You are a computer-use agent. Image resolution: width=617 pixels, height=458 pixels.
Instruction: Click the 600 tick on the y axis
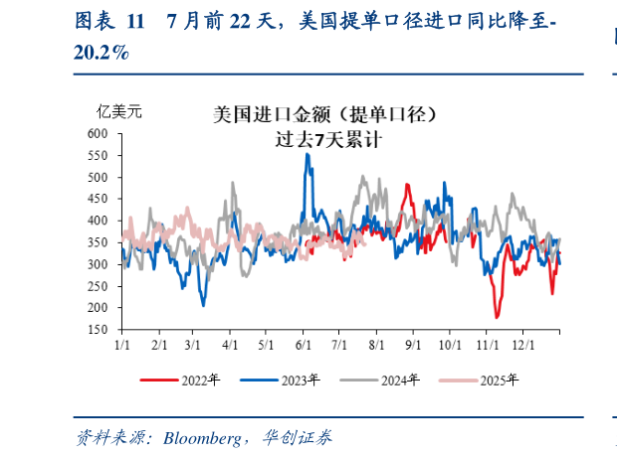click(x=99, y=133)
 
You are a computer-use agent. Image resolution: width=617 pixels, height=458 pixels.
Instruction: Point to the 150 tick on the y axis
click(x=99, y=330)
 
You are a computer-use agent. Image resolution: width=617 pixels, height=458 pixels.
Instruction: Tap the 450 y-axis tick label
click(x=99, y=199)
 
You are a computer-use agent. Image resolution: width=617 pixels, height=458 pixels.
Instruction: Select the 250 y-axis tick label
click(x=99, y=286)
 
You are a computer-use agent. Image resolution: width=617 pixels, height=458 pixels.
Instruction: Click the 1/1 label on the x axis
click(x=123, y=345)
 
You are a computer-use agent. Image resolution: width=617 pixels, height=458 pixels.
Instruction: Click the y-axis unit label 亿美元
click(x=119, y=111)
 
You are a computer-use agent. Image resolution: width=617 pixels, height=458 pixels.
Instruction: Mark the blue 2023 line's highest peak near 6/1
click(x=307, y=154)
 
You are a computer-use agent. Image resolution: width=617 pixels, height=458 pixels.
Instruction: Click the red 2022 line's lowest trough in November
click(x=497, y=317)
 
